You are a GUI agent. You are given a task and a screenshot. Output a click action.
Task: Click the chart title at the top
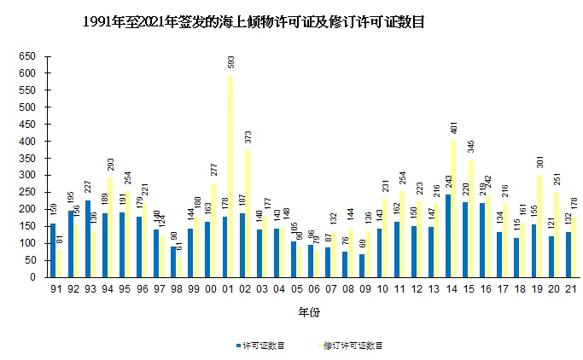coord(254,23)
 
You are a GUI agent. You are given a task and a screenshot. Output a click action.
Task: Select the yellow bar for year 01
coord(230,177)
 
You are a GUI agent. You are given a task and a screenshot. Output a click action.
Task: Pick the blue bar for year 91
coord(53,250)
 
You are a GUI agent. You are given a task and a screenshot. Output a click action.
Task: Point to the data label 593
coord(230,61)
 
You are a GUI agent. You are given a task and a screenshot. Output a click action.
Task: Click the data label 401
coord(454,128)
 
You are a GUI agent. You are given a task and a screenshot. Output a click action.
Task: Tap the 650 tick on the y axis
coord(28,56)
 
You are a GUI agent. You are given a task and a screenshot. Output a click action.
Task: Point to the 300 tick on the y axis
coord(28,175)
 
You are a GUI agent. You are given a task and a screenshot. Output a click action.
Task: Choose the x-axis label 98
coord(176,289)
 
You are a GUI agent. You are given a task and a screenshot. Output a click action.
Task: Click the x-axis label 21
coord(570,289)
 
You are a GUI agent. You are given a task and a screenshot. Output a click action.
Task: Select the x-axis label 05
coord(296,289)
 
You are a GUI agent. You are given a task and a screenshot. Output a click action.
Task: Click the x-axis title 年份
coord(308,313)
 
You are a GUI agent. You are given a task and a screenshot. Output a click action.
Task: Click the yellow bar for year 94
coord(110,227)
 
